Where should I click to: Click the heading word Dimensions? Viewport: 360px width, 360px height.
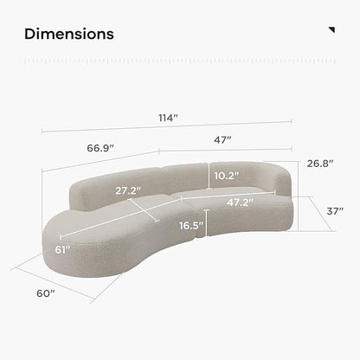69,34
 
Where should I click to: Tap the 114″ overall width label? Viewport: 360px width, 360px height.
168,118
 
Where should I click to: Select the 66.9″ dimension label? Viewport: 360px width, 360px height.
100,148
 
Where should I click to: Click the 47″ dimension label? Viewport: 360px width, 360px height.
222,140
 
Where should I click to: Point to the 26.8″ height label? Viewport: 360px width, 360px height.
320,164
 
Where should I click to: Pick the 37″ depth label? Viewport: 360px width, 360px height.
335,211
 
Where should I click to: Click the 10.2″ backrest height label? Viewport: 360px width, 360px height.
227,176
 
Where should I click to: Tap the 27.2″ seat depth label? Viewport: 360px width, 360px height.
128,190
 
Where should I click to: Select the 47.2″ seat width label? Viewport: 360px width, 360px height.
240,202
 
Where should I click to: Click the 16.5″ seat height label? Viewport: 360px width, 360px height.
191,225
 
